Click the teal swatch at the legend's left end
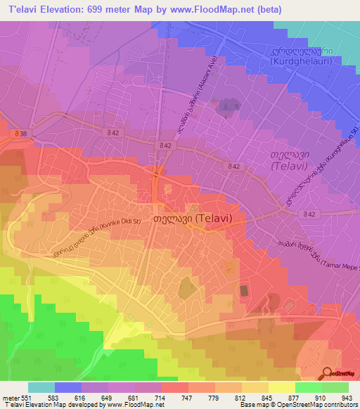pos(41,387)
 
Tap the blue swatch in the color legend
pos(68,387)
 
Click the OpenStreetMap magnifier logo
pos(326,374)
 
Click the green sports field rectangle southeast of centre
pos(244,290)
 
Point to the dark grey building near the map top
pos(227,105)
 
